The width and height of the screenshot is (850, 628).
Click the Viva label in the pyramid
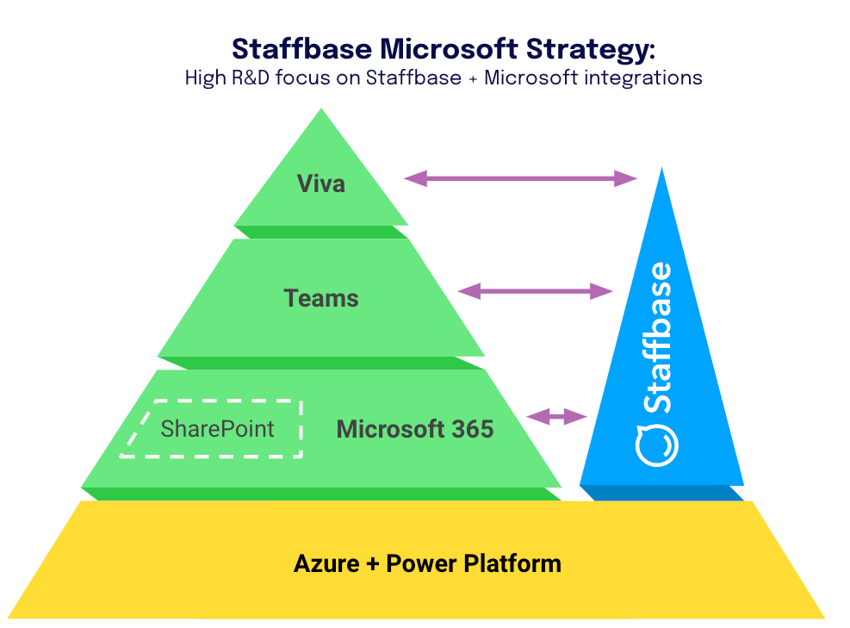[x=320, y=183]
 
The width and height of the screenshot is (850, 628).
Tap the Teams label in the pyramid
[x=321, y=299]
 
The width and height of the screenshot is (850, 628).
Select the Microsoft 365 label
[x=415, y=429]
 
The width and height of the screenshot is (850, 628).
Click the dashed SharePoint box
[x=215, y=428]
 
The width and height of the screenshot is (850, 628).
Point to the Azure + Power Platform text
[x=427, y=564]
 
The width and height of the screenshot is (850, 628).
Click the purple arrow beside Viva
[x=520, y=178]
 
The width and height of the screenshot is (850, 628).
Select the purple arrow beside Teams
[x=535, y=291]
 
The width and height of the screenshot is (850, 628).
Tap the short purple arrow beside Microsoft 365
[x=556, y=417]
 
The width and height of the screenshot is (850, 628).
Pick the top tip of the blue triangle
[x=661, y=169]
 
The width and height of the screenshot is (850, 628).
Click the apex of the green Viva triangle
[x=321, y=110]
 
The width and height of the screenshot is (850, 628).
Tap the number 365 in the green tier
[x=469, y=429]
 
